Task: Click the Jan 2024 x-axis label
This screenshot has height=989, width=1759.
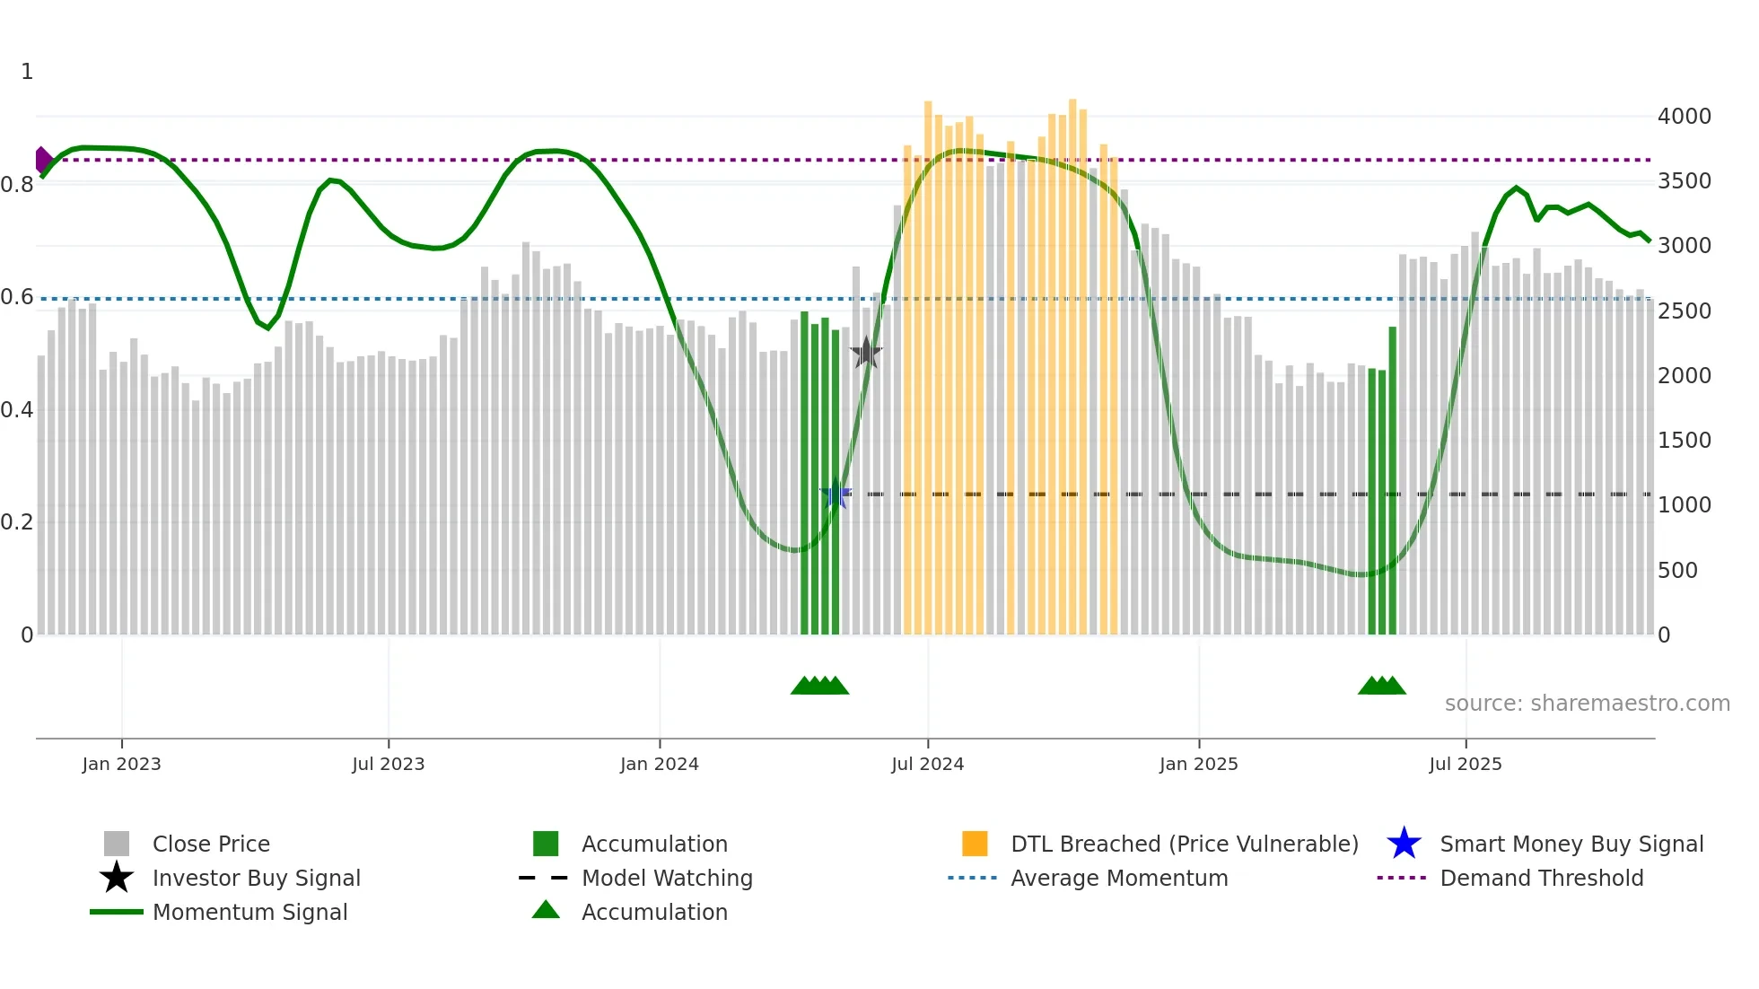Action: click(659, 764)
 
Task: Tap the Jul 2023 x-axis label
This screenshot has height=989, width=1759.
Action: click(388, 764)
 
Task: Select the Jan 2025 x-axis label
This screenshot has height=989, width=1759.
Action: click(1198, 764)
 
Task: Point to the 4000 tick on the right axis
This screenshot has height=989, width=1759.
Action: click(1684, 117)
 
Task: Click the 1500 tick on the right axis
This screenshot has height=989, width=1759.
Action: click(1684, 441)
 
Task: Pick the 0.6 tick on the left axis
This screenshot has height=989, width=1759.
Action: click(17, 297)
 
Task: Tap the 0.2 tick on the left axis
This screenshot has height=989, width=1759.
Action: click(17, 522)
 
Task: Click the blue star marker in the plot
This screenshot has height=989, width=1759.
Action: click(836, 494)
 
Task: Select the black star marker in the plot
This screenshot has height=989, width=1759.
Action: click(866, 353)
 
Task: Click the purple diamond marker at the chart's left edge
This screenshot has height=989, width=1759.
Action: click(42, 160)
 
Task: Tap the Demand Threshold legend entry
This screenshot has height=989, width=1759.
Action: click(1541, 878)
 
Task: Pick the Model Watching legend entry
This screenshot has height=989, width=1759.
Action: click(667, 878)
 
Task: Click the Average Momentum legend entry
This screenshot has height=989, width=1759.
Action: click(1118, 878)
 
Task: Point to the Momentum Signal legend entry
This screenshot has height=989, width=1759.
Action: click(249, 912)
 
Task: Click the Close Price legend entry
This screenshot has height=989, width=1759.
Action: click(211, 844)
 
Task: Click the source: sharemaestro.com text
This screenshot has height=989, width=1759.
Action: click(1587, 704)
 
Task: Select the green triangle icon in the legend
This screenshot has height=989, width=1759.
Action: click(546, 910)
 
